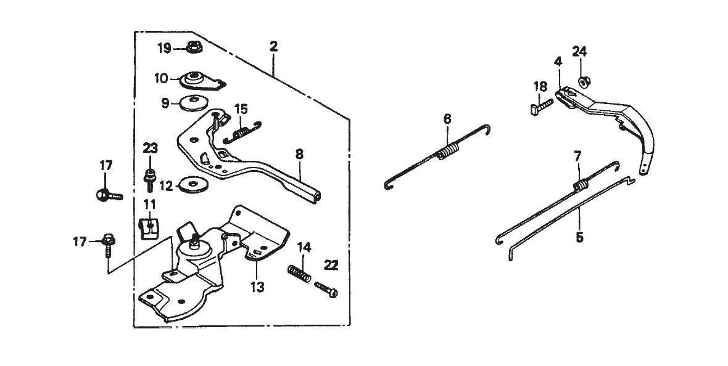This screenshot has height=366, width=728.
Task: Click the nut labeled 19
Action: (194, 46)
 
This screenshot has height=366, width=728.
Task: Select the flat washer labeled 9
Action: (193, 103)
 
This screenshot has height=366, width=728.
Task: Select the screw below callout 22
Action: (325, 288)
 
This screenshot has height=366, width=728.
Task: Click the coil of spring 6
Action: (448, 151)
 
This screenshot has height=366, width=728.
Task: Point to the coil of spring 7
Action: (581, 184)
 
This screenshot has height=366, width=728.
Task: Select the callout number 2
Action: (273, 47)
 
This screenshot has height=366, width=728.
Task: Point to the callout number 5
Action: (579, 237)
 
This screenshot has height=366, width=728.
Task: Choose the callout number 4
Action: (558, 61)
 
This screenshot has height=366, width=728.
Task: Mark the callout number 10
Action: (161, 78)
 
